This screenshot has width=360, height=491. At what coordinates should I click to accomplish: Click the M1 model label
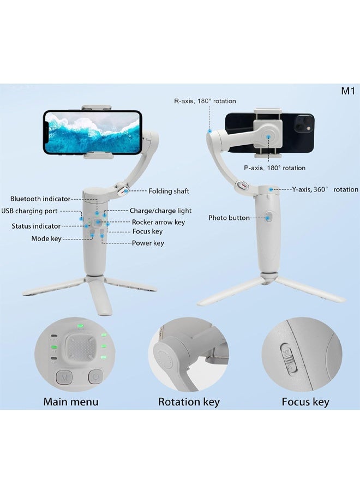pyautogui.click(x=348, y=91)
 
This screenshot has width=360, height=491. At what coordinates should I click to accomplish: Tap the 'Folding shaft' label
pyautogui.click(x=169, y=191)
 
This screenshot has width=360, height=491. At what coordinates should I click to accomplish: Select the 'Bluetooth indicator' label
pyautogui.click(x=40, y=199)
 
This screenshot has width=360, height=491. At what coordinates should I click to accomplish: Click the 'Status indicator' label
pyautogui.click(x=37, y=226)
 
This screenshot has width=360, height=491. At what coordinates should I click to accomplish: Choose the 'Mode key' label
pyautogui.click(x=47, y=239)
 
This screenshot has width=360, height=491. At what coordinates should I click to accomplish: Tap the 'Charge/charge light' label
pyautogui.click(x=160, y=211)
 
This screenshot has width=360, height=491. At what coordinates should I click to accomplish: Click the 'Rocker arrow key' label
pyautogui.click(x=158, y=222)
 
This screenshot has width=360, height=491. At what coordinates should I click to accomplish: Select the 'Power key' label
pyautogui.click(x=148, y=243)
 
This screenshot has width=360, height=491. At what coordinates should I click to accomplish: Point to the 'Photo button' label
pyautogui.click(x=229, y=218)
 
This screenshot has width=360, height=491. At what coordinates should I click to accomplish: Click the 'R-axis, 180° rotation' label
pyautogui.click(x=205, y=101)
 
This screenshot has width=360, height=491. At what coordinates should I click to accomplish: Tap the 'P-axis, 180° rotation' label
pyautogui.click(x=274, y=168)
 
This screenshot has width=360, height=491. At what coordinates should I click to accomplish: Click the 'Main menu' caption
pyautogui.click(x=71, y=402)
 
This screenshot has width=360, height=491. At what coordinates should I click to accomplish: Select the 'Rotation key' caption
pyautogui.click(x=189, y=402)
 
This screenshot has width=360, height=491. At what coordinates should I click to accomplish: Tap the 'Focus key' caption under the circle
pyautogui.click(x=305, y=402)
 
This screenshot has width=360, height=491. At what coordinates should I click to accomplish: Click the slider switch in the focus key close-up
pyautogui.click(x=290, y=357)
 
